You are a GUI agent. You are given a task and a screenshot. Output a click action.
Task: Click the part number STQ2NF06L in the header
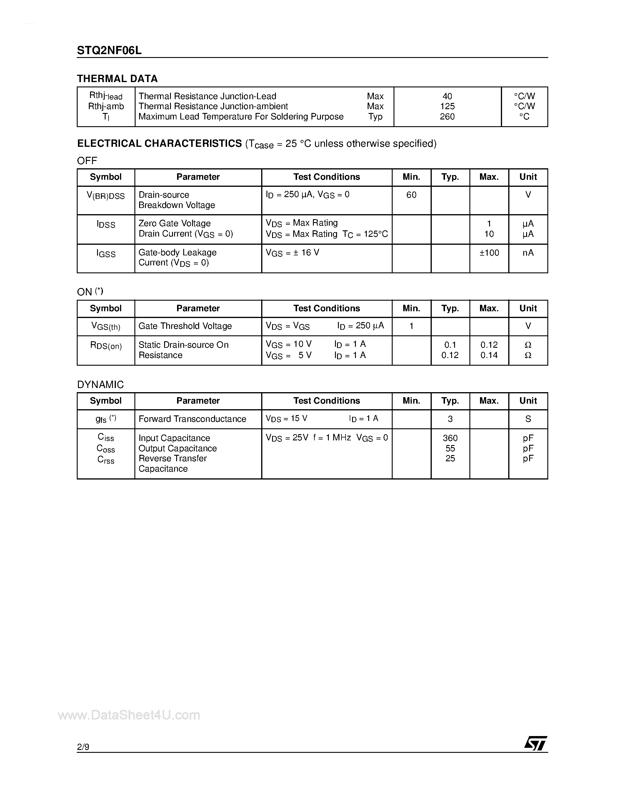[x=109, y=50]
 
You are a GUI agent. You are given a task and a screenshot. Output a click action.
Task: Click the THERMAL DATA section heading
[x=117, y=79]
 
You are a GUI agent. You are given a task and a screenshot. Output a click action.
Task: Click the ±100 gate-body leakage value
[x=489, y=253]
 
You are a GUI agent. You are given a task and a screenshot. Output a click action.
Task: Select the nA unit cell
[x=528, y=253]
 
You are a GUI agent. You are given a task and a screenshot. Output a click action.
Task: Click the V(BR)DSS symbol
[x=106, y=196]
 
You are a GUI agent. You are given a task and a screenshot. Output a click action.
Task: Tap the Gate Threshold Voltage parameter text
[x=185, y=326]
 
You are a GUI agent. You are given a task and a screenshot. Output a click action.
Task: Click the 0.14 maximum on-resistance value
[x=489, y=355]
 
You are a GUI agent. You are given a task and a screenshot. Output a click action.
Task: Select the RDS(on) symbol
[x=106, y=346]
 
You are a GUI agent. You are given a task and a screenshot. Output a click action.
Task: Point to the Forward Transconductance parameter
[x=192, y=419]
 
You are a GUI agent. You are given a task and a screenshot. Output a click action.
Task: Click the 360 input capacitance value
[x=450, y=438]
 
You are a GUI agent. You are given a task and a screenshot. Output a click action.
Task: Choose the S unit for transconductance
[x=528, y=419]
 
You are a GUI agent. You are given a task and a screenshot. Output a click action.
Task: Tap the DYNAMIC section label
[x=100, y=384]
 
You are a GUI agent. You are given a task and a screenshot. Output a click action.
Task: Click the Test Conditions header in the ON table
[x=326, y=308]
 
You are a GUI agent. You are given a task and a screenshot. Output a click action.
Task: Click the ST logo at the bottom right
[x=535, y=743]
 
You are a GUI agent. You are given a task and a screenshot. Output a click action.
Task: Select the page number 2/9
[x=83, y=747]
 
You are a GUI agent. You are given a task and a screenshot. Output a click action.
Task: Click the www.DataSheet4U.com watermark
[x=129, y=715]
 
